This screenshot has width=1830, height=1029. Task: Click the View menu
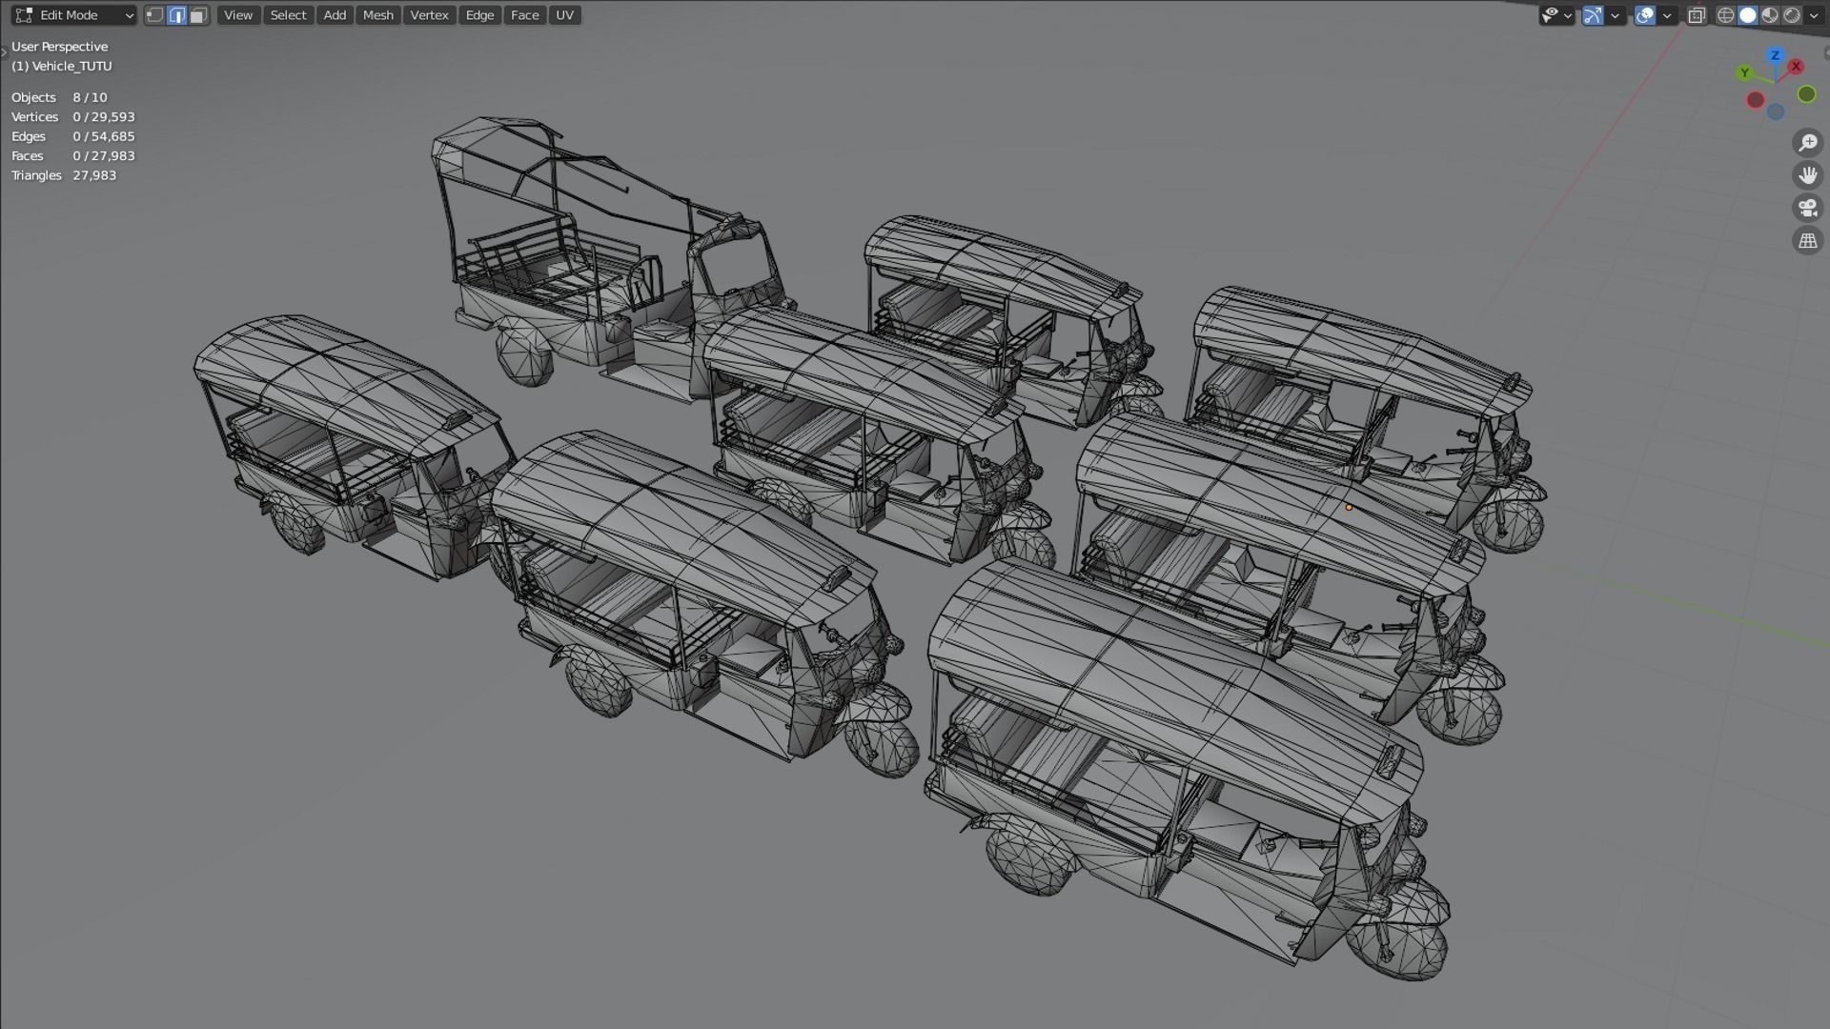[x=237, y=15]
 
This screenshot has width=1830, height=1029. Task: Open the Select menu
[x=288, y=15]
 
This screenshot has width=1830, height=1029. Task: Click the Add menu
[x=335, y=15]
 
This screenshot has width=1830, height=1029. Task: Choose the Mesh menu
[x=377, y=15]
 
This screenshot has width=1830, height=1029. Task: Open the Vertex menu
[x=429, y=15]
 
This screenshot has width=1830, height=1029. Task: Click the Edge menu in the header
[x=479, y=15]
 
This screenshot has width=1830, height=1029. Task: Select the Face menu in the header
[x=524, y=15]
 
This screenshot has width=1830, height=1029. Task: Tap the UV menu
[x=564, y=15]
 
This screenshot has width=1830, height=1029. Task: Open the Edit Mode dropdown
[x=74, y=15]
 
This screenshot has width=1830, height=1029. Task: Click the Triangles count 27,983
[x=94, y=175]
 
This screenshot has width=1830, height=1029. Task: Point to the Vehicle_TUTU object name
[x=62, y=66]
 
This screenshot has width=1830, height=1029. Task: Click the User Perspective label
[x=59, y=47]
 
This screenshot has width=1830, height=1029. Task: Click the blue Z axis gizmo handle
[x=1775, y=55]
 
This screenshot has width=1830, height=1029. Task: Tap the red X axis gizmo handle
[x=1796, y=67]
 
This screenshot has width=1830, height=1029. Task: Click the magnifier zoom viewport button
[x=1807, y=143]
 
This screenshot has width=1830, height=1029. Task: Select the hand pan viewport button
[x=1807, y=175]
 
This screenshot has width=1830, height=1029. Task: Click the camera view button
[x=1807, y=208]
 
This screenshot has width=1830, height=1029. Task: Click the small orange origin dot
[x=1349, y=508]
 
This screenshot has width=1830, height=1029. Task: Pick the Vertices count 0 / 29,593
[x=104, y=117]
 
